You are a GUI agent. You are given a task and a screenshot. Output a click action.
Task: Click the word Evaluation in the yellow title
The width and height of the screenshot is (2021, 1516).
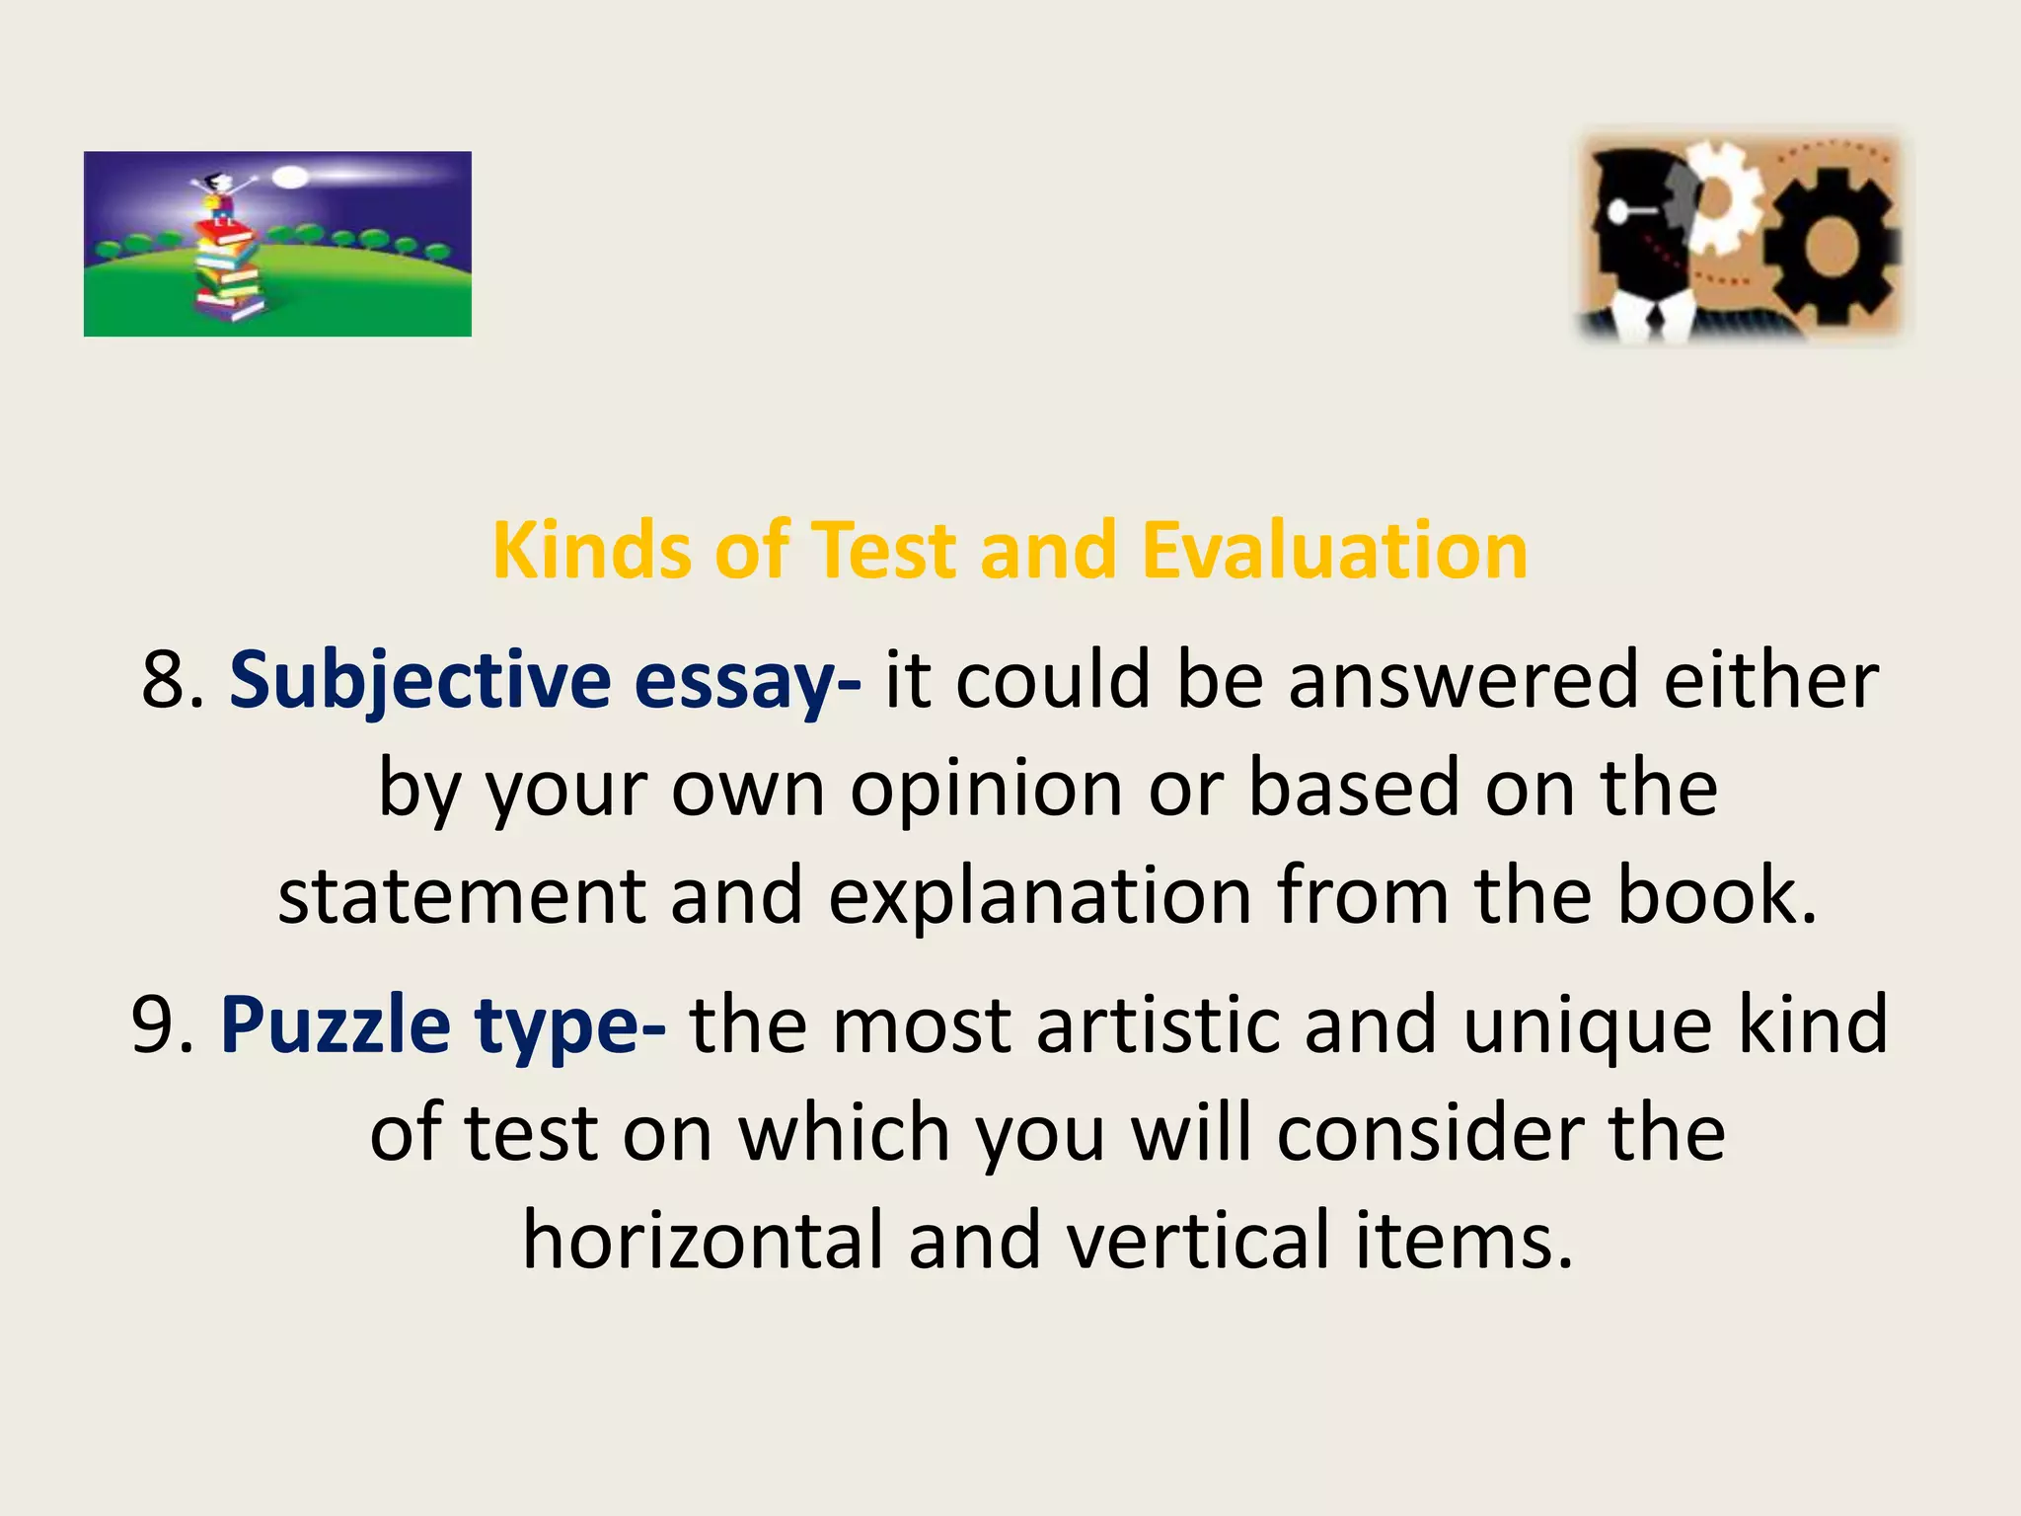pyautogui.click(x=1334, y=551)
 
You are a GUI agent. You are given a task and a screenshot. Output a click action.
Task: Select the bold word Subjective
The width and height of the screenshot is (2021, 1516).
pyautogui.click(x=420, y=681)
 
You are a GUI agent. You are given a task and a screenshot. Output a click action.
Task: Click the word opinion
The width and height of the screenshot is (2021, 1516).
pyautogui.click(x=986, y=790)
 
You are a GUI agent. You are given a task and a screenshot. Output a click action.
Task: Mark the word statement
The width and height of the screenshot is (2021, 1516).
pyautogui.click(x=461, y=896)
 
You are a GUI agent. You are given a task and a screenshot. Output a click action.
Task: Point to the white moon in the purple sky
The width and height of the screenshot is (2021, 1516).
pyautogui.click(x=290, y=178)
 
